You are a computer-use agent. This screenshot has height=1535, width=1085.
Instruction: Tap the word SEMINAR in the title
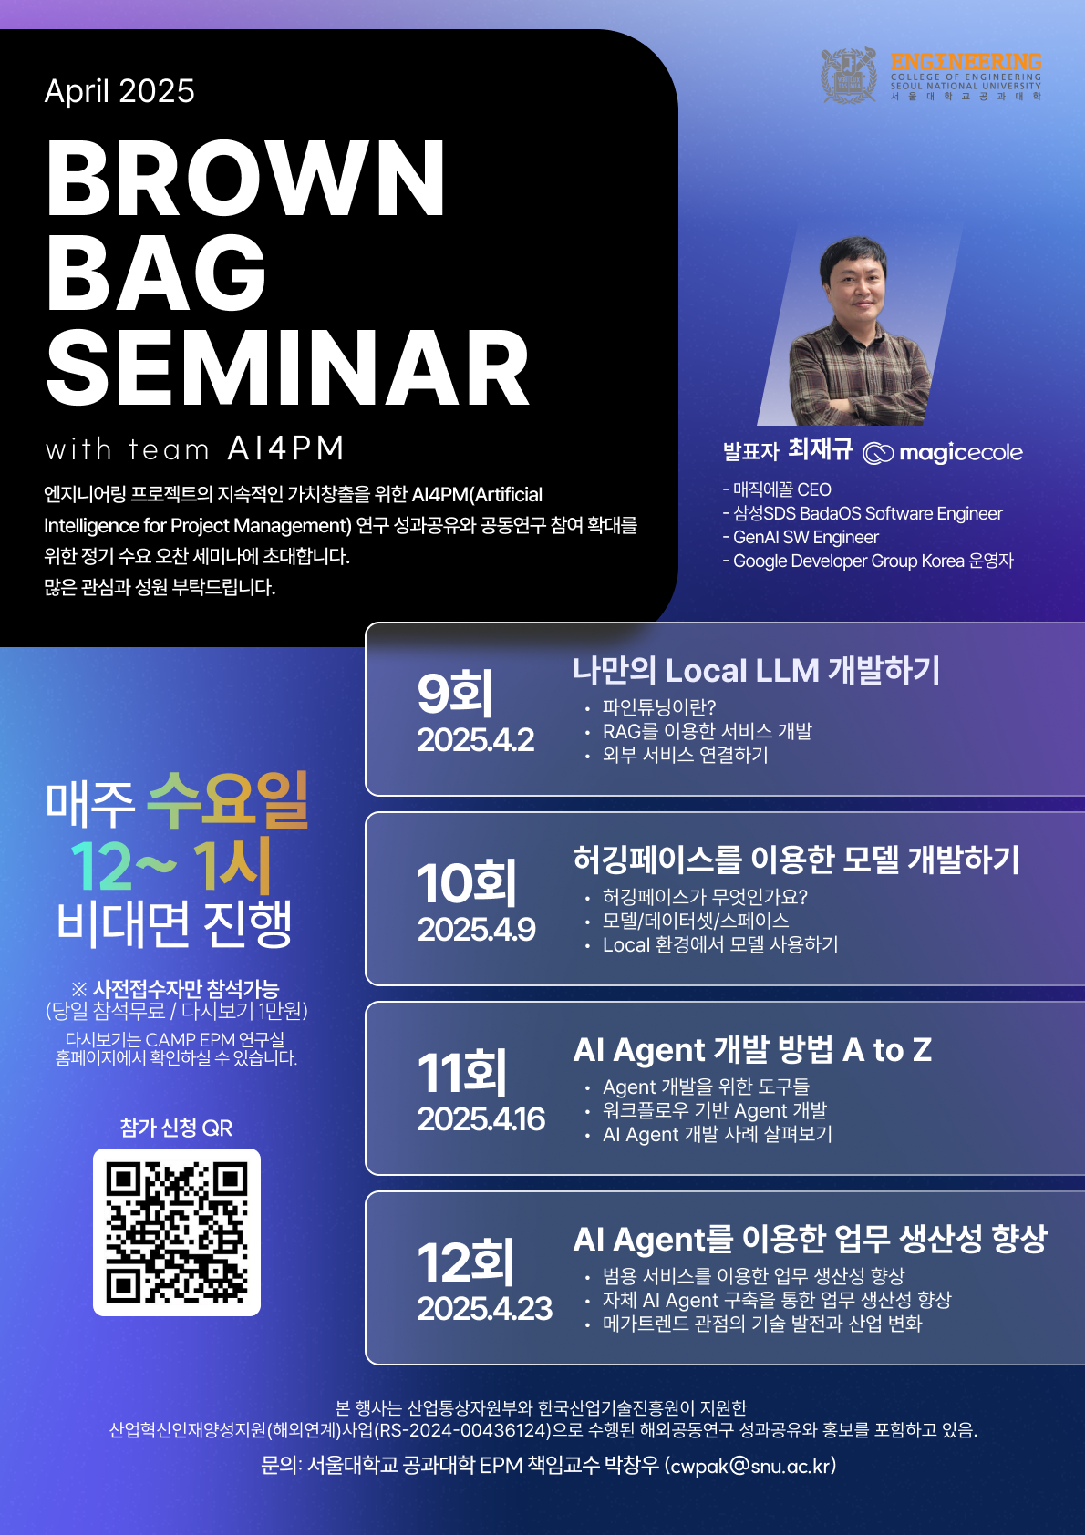tap(288, 368)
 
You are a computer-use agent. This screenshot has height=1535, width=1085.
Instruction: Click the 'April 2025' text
tap(119, 90)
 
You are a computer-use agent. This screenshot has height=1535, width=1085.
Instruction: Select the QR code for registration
tap(177, 1232)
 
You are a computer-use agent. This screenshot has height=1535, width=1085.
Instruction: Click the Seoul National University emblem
tap(849, 76)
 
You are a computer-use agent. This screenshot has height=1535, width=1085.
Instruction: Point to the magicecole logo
tap(943, 452)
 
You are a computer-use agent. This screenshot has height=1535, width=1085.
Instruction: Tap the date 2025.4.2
tap(475, 740)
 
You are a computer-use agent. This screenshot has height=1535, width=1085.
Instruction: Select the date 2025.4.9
tap(476, 929)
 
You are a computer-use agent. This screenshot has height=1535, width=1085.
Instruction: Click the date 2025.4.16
tap(481, 1119)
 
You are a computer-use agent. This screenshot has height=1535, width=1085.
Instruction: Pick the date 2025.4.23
tap(484, 1309)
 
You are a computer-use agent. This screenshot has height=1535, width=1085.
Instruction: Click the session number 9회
tap(455, 693)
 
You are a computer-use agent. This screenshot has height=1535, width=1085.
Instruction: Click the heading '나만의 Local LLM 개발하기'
tap(756, 670)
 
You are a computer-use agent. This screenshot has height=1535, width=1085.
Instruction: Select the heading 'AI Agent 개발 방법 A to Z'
tap(752, 1050)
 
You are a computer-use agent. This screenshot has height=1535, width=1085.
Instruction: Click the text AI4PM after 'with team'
tap(285, 448)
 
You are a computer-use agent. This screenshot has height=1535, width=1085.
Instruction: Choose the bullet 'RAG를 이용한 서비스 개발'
tap(707, 731)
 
